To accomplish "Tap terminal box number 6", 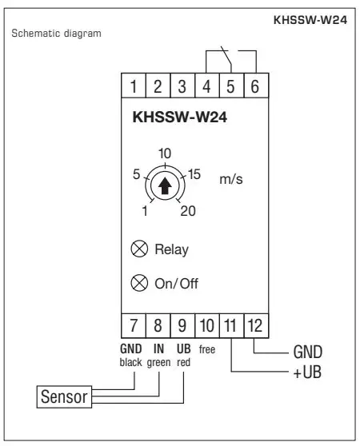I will [254, 86].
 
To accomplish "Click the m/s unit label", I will [230, 180].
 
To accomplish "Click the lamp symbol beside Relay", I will [138, 249].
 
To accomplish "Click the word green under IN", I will [158, 361].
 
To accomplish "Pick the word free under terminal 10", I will [206, 350].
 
